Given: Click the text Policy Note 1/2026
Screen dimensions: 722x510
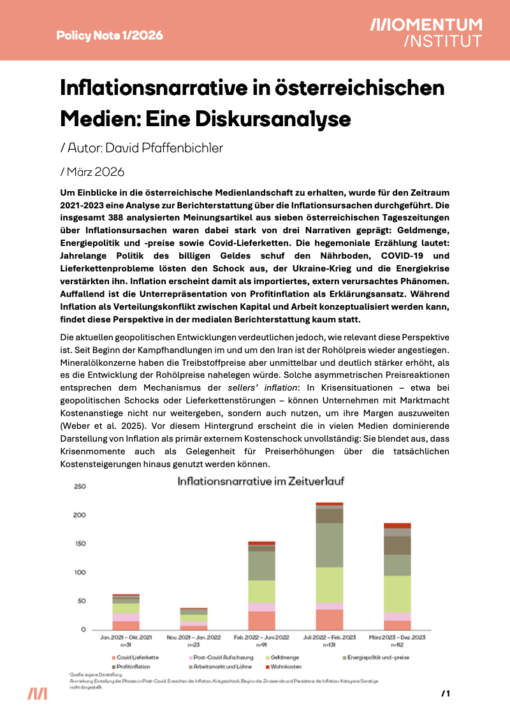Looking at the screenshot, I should pos(110,35).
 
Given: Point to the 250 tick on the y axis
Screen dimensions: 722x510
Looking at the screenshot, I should pos(80,486).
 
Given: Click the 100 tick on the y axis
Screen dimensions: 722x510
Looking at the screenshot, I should pos(80,572).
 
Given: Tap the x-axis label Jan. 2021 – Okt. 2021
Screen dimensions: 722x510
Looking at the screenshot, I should pos(126,637).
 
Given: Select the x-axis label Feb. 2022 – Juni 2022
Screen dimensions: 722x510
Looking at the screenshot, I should pos(261,637).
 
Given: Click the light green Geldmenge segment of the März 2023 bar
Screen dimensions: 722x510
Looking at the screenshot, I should pos(397,594).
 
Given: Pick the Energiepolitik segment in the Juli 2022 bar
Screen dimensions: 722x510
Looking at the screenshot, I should pos(329,545).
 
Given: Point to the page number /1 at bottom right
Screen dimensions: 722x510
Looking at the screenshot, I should pos(446,693).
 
